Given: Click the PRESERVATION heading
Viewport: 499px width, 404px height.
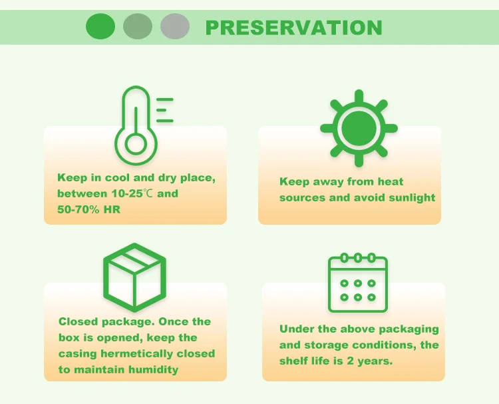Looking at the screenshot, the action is (293, 27).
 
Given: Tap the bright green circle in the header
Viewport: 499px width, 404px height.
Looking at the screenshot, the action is (100, 27).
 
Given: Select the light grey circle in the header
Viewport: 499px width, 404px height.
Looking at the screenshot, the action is (175, 27).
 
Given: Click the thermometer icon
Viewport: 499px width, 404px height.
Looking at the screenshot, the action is (144, 125).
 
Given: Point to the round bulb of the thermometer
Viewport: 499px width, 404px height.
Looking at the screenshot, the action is (136, 144).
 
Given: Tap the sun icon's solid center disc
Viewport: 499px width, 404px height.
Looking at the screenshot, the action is (359, 128).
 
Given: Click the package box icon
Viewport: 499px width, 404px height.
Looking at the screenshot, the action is (134, 277).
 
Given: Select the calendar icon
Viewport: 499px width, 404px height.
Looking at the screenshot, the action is (358, 283).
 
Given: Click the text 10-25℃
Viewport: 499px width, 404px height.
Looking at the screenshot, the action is (132, 193).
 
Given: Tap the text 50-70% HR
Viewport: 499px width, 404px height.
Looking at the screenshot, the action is (88, 209).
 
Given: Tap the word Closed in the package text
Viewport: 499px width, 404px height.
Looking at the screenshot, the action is (79, 321).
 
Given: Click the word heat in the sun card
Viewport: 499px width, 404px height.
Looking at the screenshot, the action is (390, 181).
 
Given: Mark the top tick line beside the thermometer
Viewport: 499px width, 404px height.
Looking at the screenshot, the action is (165, 99).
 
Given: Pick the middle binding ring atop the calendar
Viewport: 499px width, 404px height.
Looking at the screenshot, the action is (358, 257).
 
